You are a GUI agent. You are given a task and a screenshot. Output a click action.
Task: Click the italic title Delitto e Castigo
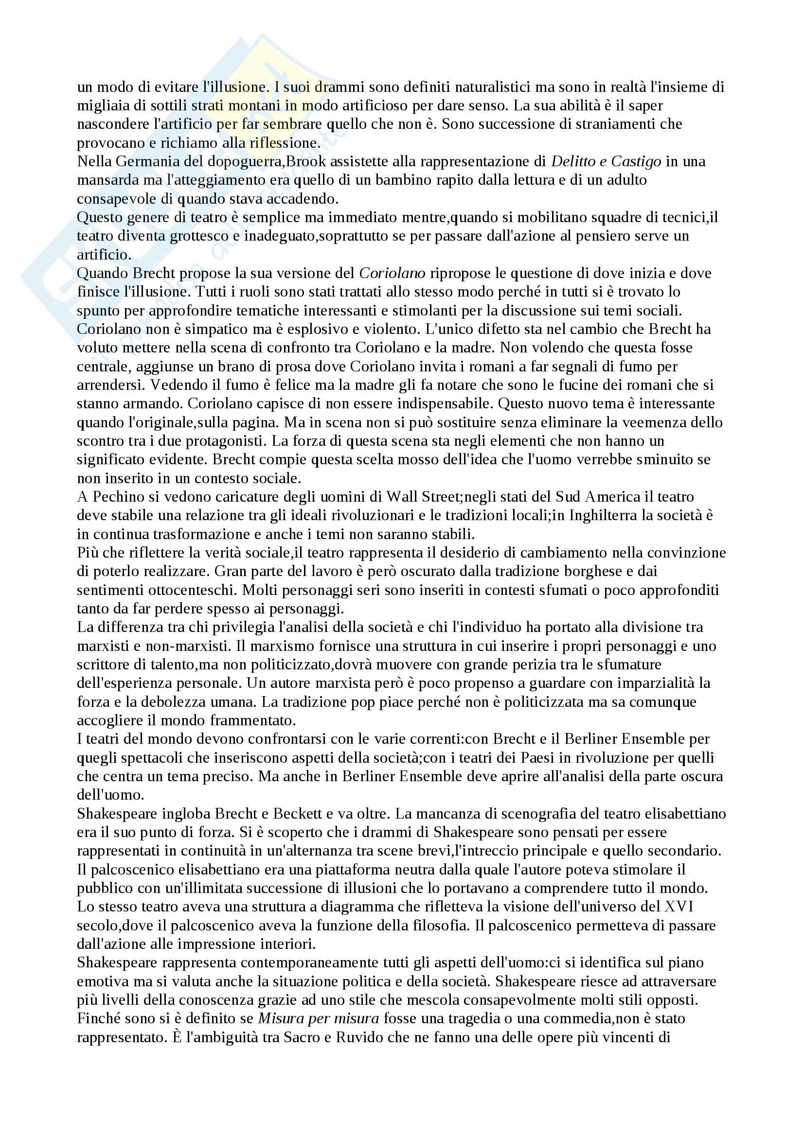pyautogui.click(x=607, y=161)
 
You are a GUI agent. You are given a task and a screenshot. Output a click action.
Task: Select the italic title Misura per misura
pyautogui.click(x=319, y=1019)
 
